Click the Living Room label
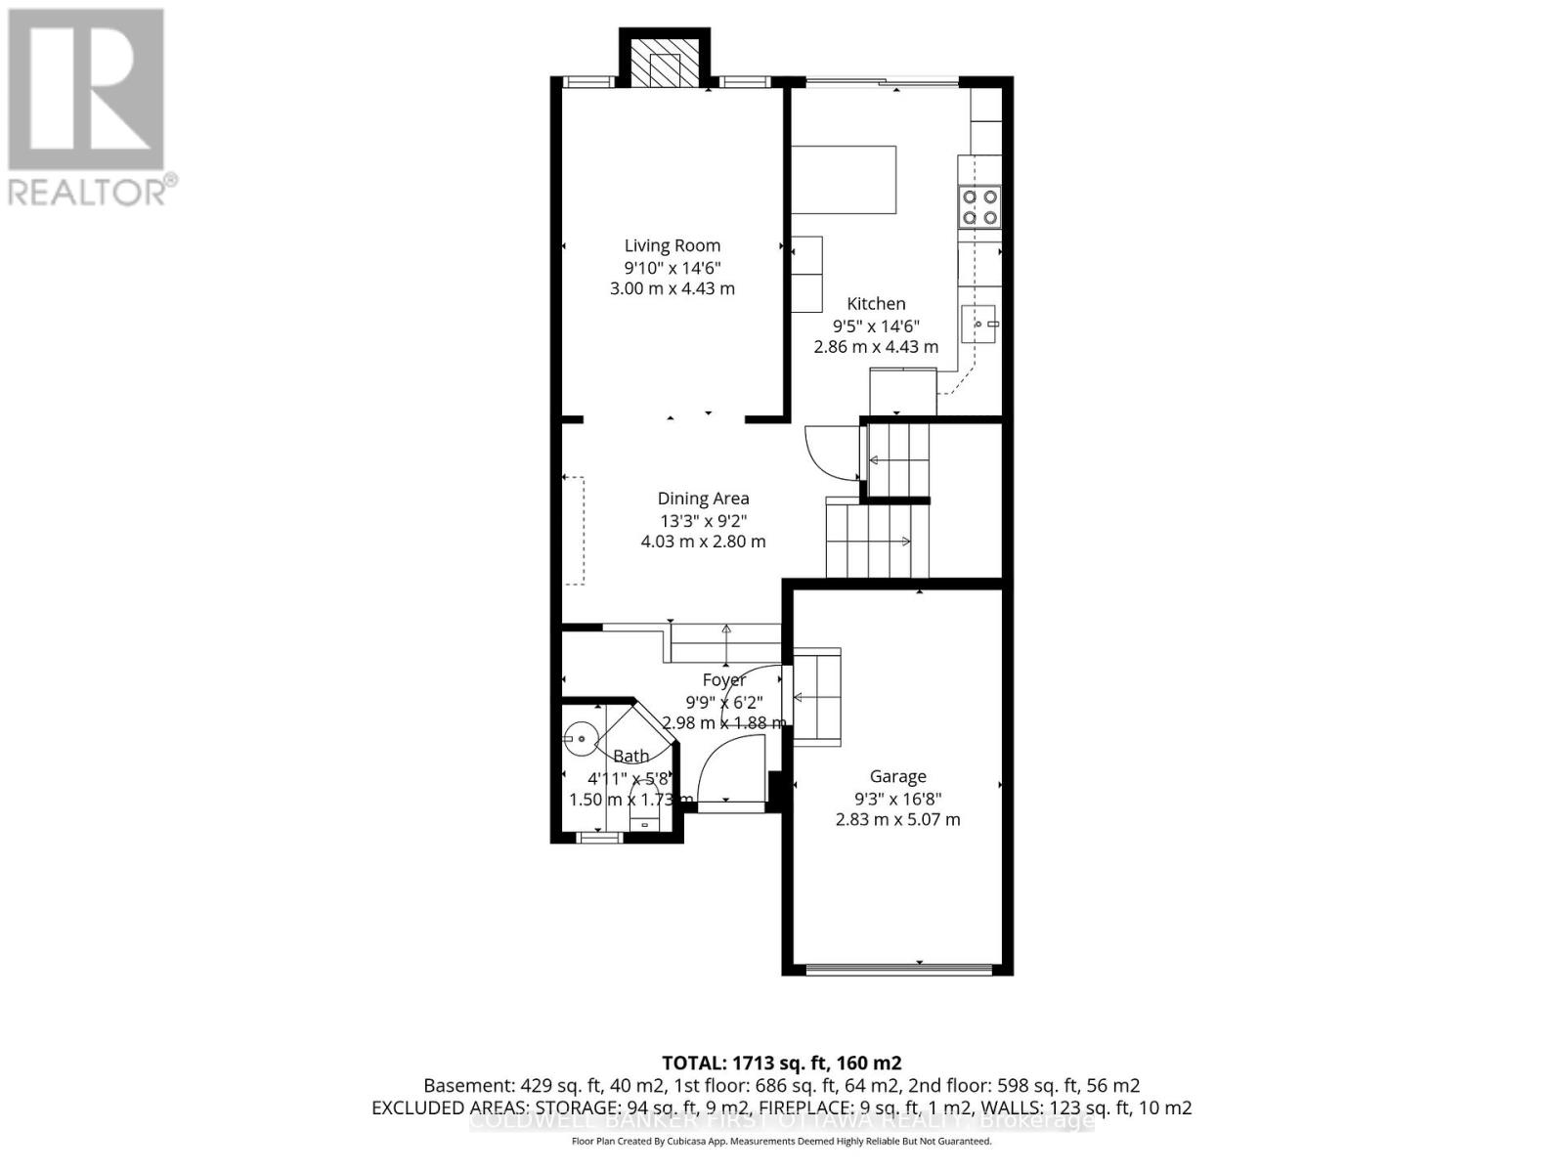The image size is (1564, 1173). pos(673,246)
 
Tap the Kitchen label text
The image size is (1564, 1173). pos(876,304)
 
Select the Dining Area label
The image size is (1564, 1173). pos(703,499)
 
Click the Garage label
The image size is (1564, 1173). pos(897,777)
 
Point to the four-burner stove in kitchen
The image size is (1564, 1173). pos(979,206)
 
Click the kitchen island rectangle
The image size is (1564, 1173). pos(844,180)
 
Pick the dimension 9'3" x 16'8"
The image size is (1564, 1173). pos(897,799)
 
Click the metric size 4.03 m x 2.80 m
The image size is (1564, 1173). pos(703,542)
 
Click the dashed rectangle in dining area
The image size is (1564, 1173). pos(574,531)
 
